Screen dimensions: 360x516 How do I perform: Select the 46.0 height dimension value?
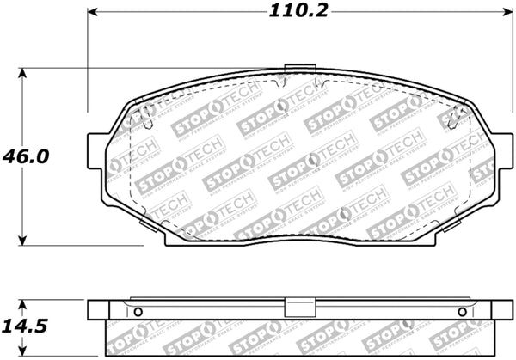[x=26, y=157]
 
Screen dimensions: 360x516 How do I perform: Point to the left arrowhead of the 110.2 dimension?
[x=93, y=13]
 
